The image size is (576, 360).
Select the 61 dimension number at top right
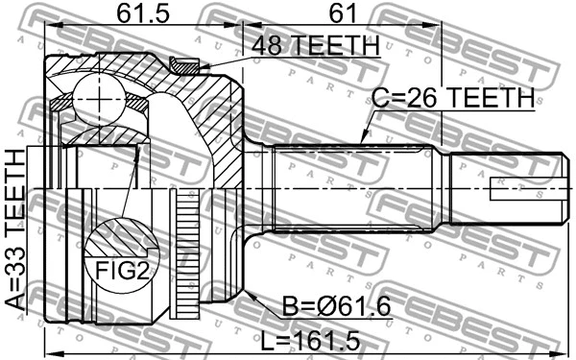[339, 13]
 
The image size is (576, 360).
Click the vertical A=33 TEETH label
[13, 231]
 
